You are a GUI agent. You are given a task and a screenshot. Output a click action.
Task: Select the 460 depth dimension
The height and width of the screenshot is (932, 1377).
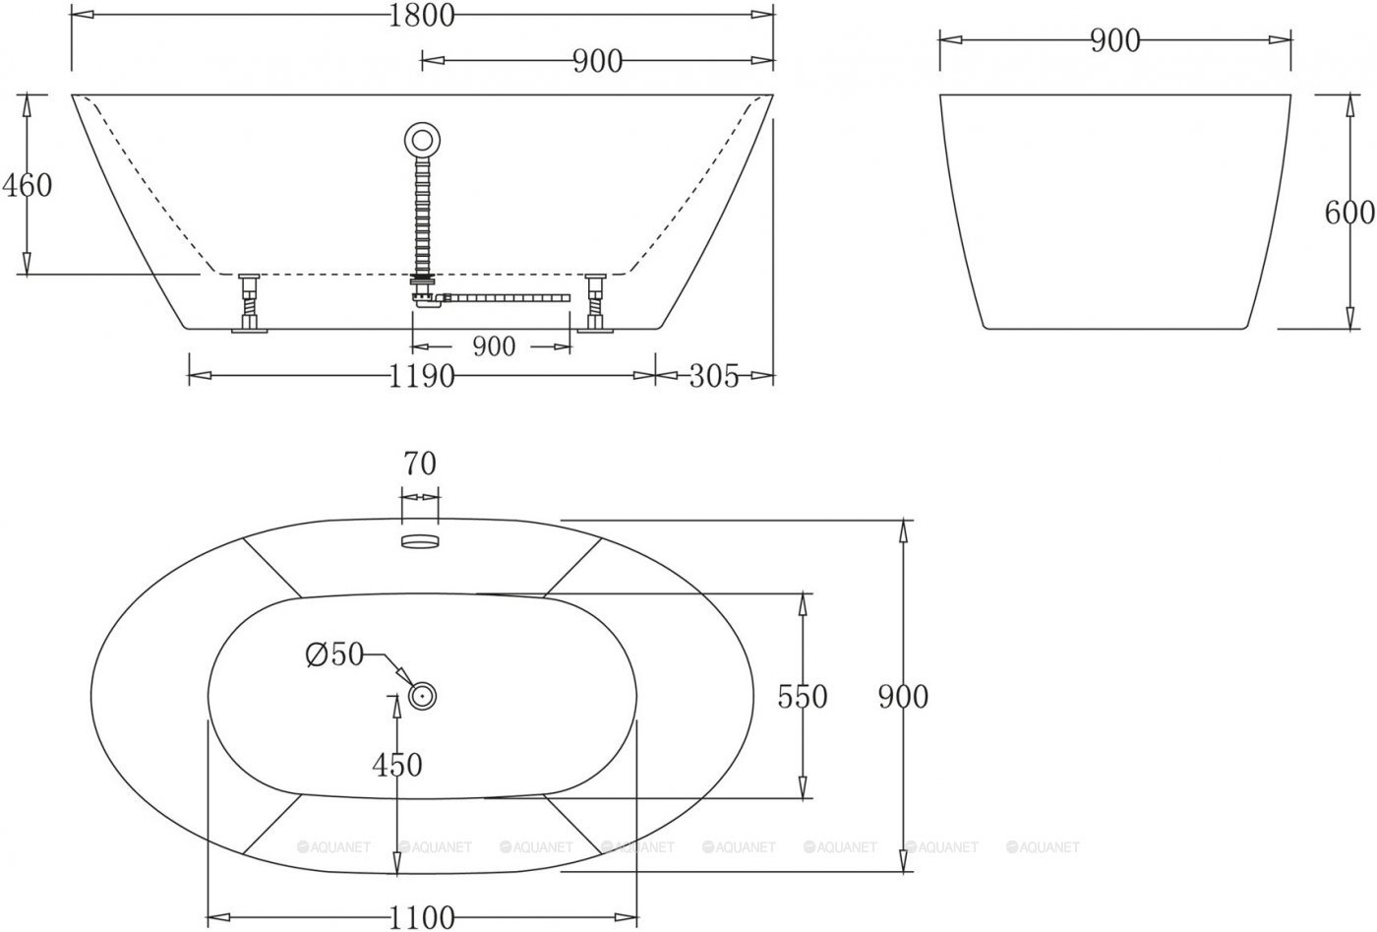pyautogui.click(x=27, y=185)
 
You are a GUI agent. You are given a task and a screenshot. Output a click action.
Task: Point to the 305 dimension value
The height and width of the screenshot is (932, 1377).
pyautogui.click(x=713, y=376)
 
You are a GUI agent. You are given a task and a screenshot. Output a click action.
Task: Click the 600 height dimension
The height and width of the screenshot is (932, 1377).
pyautogui.click(x=1348, y=213)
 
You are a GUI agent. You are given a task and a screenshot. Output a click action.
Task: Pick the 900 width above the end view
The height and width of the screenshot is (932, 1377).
pyautogui.click(x=1114, y=41)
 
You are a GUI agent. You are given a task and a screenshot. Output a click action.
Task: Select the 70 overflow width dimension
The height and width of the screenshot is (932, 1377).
pyautogui.click(x=419, y=464)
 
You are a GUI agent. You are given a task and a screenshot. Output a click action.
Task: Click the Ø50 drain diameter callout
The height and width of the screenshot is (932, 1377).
pyautogui.click(x=334, y=655)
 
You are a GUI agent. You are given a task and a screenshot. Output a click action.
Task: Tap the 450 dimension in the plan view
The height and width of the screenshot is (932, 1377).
pyautogui.click(x=397, y=765)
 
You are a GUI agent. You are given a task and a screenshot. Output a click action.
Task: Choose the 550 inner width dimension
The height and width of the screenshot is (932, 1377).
pyautogui.click(x=803, y=697)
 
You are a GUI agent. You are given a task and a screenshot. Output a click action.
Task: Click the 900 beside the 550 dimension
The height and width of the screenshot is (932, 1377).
pyautogui.click(x=903, y=697)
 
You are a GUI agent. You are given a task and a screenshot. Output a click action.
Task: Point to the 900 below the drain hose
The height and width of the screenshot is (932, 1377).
pyautogui.click(x=493, y=346)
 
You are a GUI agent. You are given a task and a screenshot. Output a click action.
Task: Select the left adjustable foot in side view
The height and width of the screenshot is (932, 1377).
pyautogui.click(x=249, y=305)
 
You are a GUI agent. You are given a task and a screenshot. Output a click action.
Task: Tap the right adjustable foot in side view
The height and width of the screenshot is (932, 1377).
pyautogui.click(x=595, y=305)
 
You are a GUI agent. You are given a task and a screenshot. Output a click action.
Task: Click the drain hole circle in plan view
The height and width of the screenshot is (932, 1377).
pyautogui.click(x=423, y=696)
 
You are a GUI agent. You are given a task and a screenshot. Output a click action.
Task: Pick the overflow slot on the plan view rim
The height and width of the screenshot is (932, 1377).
pyautogui.click(x=420, y=539)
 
